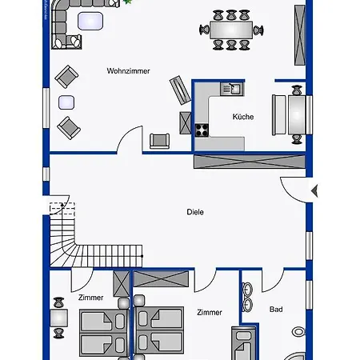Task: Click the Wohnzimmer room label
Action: pos(128,71)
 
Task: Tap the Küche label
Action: pos(243,117)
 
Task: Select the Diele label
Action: pos(195,212)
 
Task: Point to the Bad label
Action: pos(276,310)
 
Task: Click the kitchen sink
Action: pos(232,89)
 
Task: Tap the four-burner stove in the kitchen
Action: pos(202,130)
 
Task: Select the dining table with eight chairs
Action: pos(231,30)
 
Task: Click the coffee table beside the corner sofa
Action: pos(90,21)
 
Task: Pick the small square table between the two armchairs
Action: pos(66,102)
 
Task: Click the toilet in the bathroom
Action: pos(298,332)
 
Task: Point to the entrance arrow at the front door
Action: pos(314,191)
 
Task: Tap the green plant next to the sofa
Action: pos(127,2)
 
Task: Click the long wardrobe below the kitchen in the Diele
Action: pos(250,162)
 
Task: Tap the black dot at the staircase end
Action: pos(142,256)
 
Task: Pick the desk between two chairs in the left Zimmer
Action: pos(58,318)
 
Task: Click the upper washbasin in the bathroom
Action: pos(247,289)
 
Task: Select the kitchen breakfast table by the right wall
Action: pos(297,115)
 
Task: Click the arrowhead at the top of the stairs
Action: pos(62,205)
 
